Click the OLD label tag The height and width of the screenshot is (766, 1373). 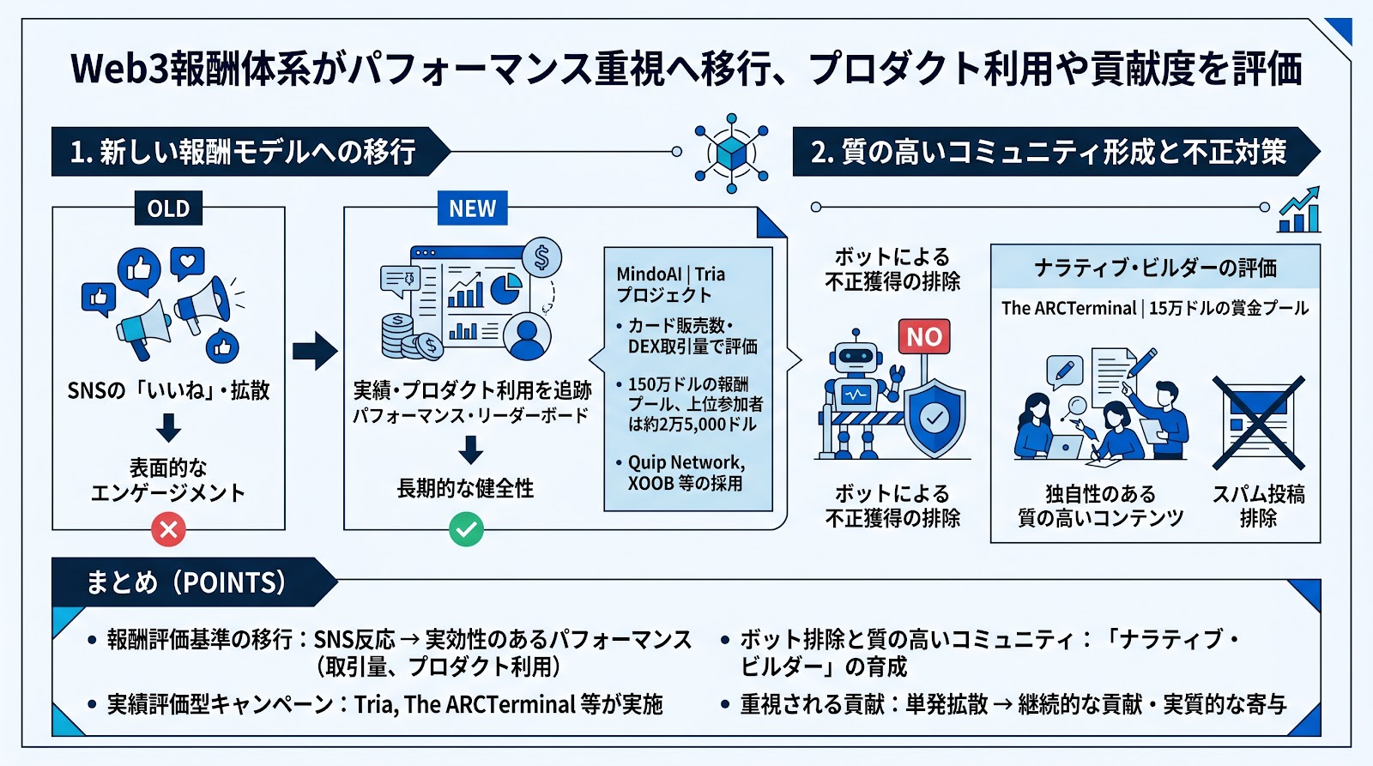168,208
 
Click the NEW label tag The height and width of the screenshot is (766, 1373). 472,208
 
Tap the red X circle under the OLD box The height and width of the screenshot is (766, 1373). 169,529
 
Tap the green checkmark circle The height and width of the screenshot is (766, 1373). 466,529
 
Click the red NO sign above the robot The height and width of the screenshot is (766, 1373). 924,336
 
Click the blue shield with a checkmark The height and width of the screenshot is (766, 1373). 934,418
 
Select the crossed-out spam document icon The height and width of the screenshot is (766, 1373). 1258,422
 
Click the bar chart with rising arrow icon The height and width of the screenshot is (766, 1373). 1299,211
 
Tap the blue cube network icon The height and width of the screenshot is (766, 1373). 731,153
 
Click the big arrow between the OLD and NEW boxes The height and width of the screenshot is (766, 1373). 314,350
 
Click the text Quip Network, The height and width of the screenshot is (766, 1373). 686,462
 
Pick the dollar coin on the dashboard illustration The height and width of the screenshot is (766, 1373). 541,257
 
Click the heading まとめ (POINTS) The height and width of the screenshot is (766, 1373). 185,582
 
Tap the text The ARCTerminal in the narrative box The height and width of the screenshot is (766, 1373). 1068,308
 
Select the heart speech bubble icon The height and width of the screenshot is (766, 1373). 187,262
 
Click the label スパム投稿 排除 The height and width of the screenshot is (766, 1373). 1258,506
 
